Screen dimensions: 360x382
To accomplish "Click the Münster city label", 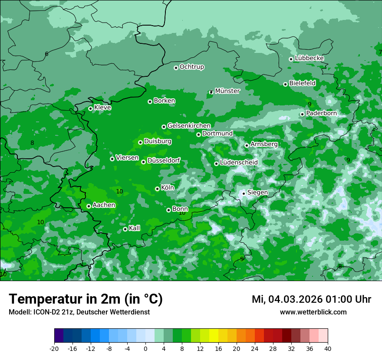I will tap(227, 91).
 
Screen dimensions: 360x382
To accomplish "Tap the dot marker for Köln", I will tap(157, 189).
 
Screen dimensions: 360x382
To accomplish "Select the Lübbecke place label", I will tap(309, 58).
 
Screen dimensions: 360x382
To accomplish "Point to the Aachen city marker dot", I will tap(89, 206).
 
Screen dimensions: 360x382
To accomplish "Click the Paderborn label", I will tap(321, 113).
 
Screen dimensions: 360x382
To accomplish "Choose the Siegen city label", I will tap(257, 193).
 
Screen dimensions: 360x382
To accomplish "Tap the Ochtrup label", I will tap(191, 67).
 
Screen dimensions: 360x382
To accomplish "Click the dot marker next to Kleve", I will tap(90, 108).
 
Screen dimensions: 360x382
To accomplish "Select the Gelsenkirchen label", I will tap(189, 126).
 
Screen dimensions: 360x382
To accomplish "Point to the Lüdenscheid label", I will tap(239, 163).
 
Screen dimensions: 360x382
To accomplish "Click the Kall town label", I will tap(134, 228).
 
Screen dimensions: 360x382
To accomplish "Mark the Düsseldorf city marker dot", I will tap(143, 162).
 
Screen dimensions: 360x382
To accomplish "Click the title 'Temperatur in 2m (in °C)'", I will tap(86, 299).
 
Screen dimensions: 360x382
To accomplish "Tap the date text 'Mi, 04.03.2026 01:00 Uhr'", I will tap(311, 299).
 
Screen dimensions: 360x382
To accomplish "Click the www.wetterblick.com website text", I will tap(313, 312).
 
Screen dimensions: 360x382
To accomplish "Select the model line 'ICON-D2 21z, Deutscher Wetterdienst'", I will tap(79, 312).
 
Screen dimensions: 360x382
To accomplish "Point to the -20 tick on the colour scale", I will tap(54, 348).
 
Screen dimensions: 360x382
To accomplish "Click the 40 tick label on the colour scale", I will tap(328, 348).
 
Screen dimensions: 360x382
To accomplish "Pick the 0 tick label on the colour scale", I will tap(145, 348).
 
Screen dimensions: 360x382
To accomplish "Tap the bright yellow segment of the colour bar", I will tap(213, 336).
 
